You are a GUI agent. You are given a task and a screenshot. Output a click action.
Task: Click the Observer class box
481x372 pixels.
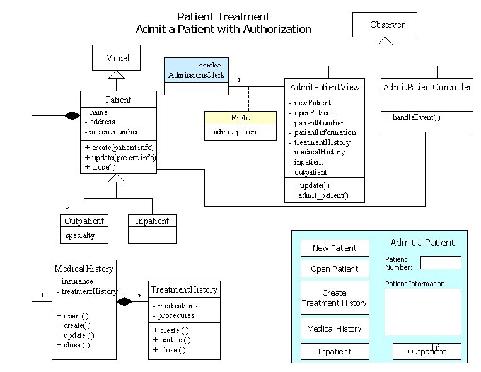click(x=387, y=25)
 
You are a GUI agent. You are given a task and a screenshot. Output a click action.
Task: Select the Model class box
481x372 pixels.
click(x=117, y=58)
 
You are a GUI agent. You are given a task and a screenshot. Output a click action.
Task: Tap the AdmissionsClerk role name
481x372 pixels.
click(x=196, y=76)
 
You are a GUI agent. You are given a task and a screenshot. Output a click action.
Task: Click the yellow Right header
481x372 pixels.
click(x=240, y=118)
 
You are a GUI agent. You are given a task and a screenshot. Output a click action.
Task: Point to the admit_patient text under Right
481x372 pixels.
click(x=236, y=132)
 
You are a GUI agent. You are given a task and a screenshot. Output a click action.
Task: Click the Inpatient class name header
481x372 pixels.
click(x=152, y=221)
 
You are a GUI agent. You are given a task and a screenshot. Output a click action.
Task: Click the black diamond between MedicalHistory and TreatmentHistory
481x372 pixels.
click(x=125, y=302)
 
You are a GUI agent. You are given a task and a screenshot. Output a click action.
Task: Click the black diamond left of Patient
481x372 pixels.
click(x=69, y=115)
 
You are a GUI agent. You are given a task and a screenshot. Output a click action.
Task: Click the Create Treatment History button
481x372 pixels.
click(x=334, y=298)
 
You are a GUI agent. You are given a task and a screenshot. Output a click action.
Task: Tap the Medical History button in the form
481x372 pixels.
click(x=334, y=328)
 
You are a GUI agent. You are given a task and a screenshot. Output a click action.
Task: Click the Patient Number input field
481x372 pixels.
click(x=441, y=262)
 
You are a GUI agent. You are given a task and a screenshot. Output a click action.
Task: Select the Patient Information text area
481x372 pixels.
click(x=422, y=311)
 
